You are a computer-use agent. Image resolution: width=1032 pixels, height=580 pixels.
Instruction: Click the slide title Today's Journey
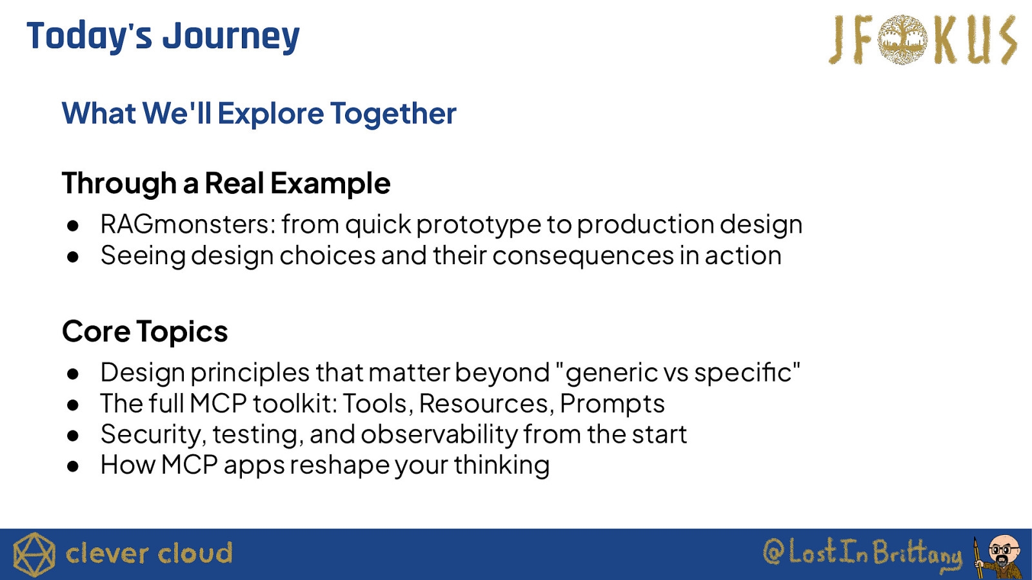click(163, 37)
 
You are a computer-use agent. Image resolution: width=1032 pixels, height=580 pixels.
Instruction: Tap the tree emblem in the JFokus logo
click(902, 39)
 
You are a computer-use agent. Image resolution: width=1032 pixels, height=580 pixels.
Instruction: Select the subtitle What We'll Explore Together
click(259, 113)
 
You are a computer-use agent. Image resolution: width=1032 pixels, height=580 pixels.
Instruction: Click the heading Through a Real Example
click(226, 184)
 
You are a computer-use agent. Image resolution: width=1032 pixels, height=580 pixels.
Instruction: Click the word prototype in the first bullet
click(479, 226)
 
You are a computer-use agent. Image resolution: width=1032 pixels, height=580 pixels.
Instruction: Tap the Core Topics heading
click(145, 332)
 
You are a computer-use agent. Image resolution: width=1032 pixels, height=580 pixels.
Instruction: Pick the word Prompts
click(612, 404)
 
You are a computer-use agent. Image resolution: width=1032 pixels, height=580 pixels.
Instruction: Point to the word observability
click(439, 434)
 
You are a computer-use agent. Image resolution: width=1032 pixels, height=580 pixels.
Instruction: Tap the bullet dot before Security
click(73, 436)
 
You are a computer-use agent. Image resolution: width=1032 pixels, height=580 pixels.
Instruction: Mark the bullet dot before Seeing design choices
click(73, 257)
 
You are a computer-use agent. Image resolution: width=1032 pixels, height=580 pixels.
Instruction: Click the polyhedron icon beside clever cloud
click(34, 554)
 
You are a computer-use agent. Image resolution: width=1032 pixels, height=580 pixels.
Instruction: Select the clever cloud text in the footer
click(149, 553)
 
